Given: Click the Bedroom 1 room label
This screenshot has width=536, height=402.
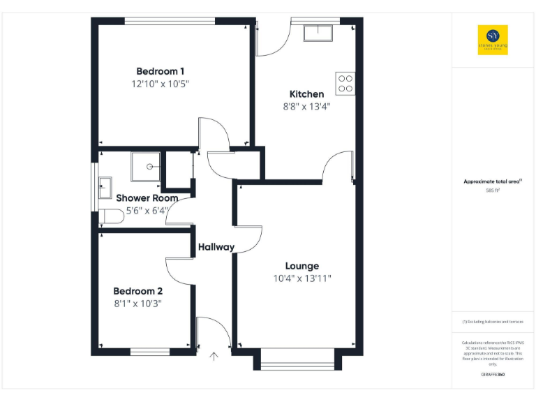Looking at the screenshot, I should tap(160, 71).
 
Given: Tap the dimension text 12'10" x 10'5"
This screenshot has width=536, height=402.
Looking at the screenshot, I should tap(160, 84).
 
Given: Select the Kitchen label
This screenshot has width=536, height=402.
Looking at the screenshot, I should tap(306, 94).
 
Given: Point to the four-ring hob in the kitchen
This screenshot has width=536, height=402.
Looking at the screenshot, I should tap(345, 84).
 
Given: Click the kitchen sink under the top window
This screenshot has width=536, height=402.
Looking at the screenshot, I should tap(320, 33).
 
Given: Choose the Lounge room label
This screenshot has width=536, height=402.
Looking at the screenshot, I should tap(301, 266).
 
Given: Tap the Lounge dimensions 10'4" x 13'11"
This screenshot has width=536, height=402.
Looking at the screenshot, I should tap(301, 278).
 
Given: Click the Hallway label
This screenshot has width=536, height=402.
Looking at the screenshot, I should tap(216, 247).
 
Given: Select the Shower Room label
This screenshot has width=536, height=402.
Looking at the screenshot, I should tap(147, 198).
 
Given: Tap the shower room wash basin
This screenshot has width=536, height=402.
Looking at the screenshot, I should tap(105, 186).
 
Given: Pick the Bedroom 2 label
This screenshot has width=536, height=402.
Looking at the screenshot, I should tap(138, 291).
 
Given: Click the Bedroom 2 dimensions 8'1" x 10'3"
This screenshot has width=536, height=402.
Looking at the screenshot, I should tap(138, 304).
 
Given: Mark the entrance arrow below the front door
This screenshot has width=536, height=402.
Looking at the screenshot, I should tap(214, 357).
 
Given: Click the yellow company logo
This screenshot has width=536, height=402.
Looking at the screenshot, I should tap(493, 40).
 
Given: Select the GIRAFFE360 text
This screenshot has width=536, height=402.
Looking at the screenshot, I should tap(493, 375).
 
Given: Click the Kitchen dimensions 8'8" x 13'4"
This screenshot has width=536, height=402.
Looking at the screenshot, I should tap(306, 107).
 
